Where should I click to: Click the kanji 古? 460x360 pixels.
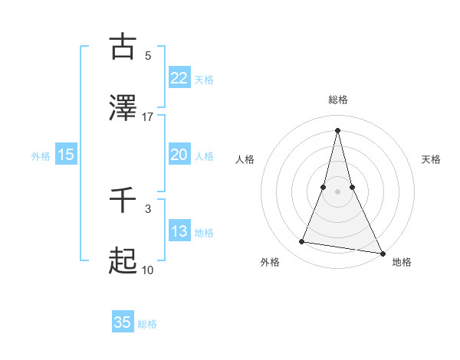pos(123,47)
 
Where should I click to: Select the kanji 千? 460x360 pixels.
pos(123,200)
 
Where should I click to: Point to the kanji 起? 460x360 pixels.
pos(123,261)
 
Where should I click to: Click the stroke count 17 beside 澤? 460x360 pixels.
pos(148,116)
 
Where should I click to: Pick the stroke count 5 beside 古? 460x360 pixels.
pos(148,55)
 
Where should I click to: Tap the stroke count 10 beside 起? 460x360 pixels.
pos(148,270)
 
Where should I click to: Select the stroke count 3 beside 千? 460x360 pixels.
pos(148,208)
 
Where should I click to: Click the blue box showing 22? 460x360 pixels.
pos(179,77)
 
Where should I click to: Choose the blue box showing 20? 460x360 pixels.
pos(179,155)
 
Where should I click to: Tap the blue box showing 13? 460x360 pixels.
pos(179,231)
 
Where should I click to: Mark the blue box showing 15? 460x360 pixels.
pos(66,155)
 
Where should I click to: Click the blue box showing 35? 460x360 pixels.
pos(123,322)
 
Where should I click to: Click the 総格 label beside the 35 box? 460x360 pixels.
pos(147,324)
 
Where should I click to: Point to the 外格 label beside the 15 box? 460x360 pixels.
pos(41,155)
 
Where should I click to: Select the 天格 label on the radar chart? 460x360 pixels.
pos(431,159)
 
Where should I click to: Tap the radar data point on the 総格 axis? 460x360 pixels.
pos(337,129)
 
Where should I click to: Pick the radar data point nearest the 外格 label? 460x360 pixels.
pos(302,242)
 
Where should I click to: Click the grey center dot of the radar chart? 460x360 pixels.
pos(337,191)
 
